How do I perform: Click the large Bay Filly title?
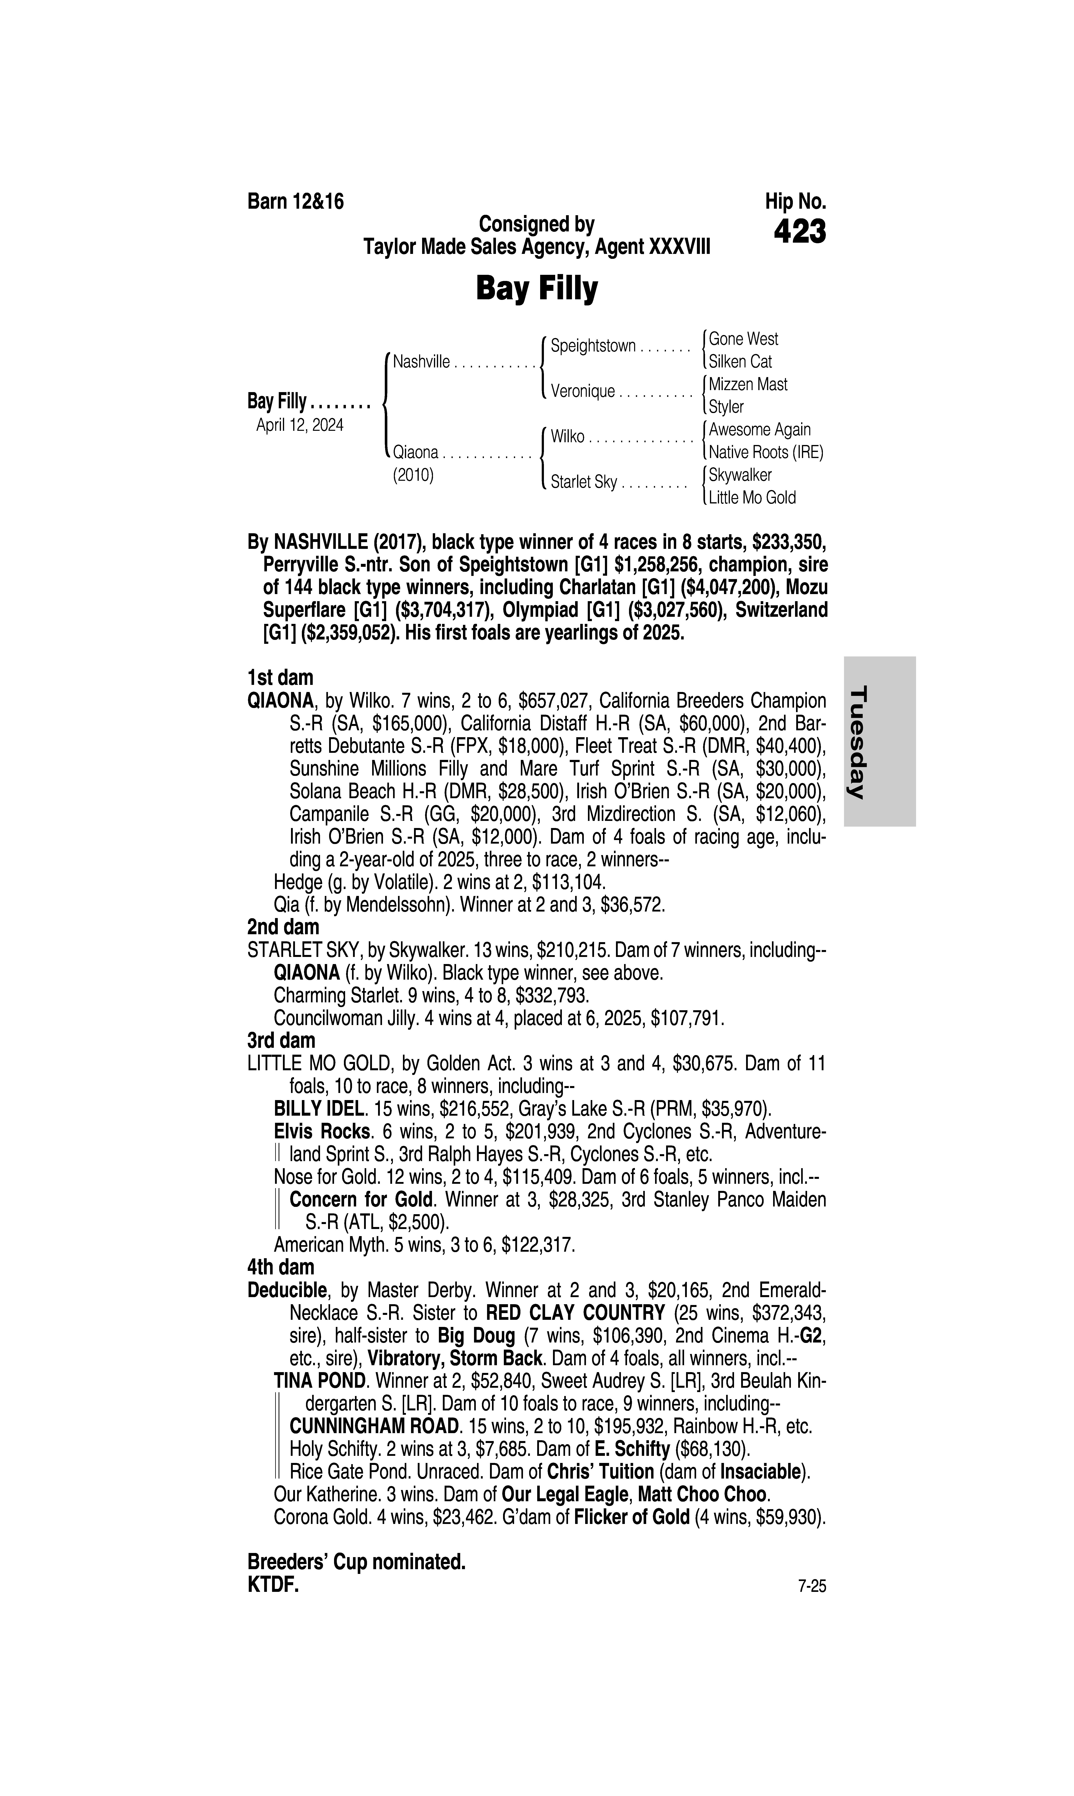(536, 289)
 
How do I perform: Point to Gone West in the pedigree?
(743, 339)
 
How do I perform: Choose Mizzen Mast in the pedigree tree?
(748, 384)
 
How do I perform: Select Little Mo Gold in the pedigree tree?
(752, 498)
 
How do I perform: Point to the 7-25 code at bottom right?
(811, 1586)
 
